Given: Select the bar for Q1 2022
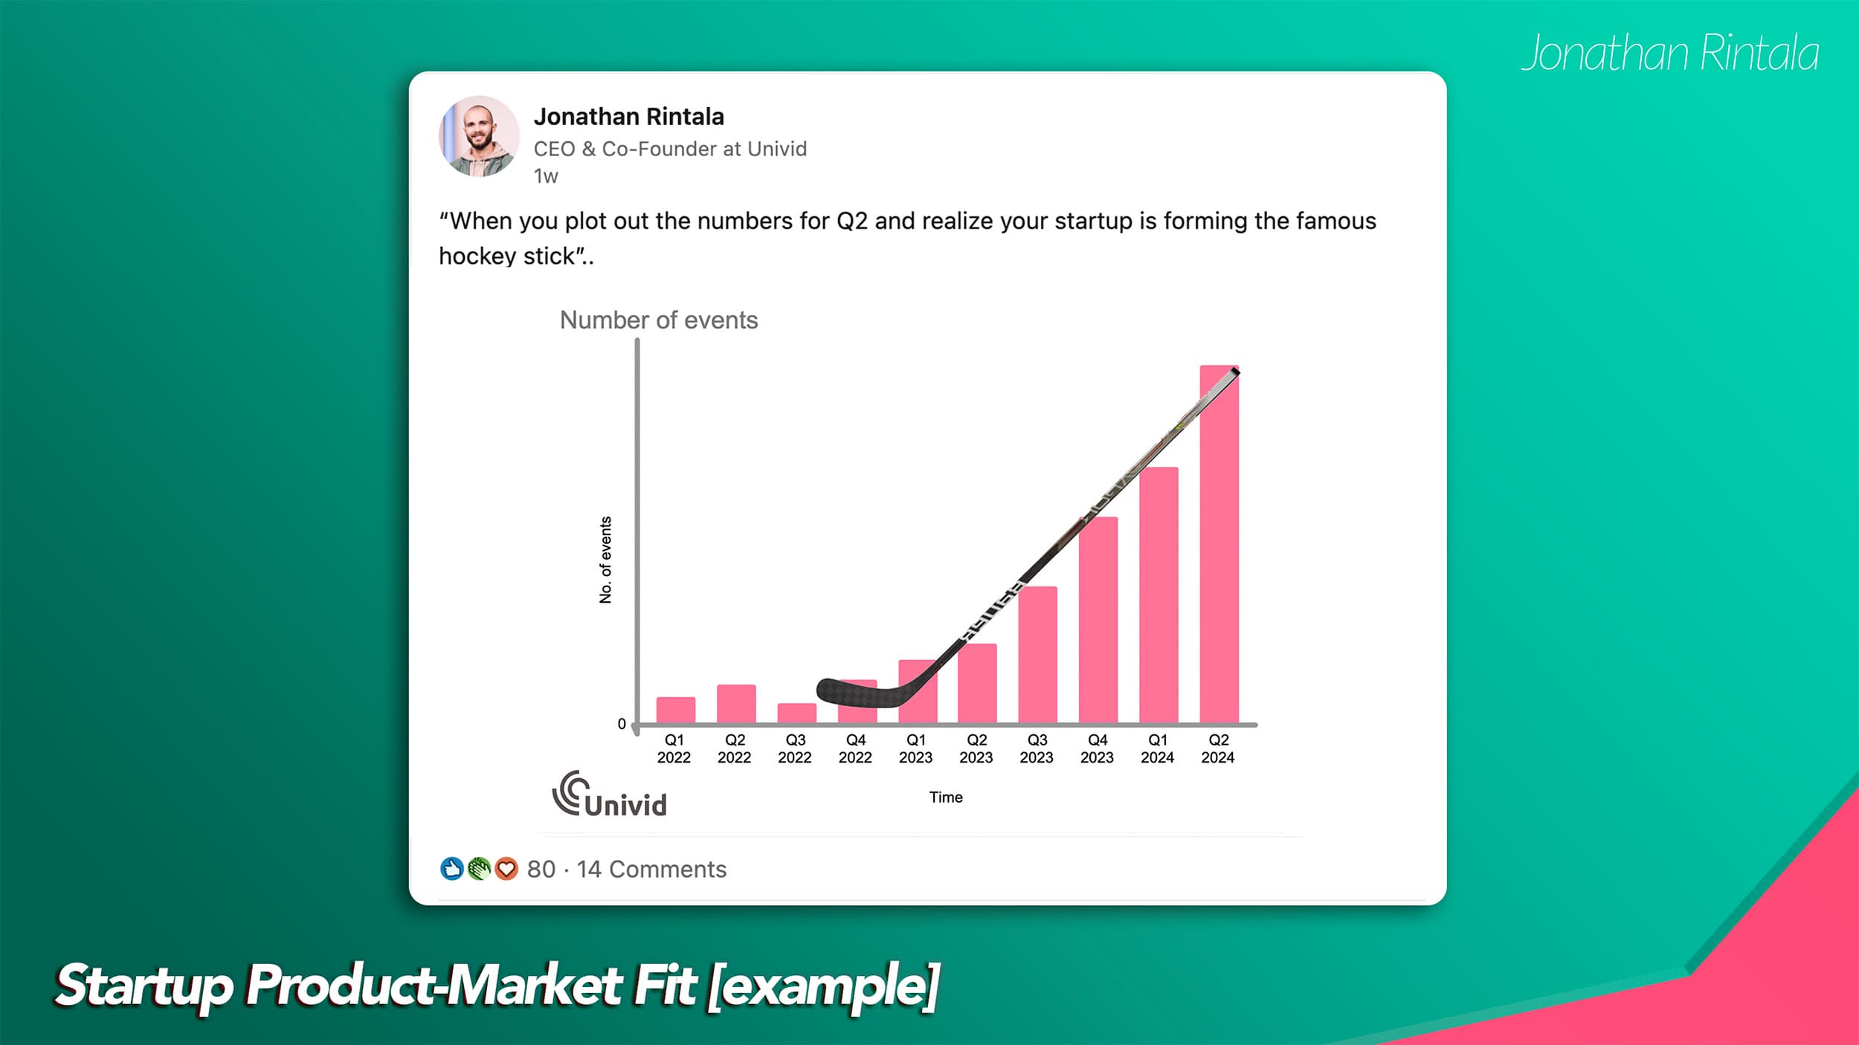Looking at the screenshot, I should [x=675, y=710].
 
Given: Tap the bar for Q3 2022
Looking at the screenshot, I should [x=796, y=714].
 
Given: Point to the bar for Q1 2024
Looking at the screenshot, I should [x=1158, y=595].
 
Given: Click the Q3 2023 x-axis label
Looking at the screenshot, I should [x=1037, y=748].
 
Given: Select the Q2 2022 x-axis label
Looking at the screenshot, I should [x=735, y=748].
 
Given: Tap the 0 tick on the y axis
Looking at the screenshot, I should [x=622, y=724].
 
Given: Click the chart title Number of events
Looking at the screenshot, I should [x=658, y=320].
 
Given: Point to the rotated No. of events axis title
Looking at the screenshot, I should [x=605, y=560].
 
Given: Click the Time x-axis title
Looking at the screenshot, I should [x=945, y=797].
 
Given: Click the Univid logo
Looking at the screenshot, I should [x=609, y=795].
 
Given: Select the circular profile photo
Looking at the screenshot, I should [x=479, y=136].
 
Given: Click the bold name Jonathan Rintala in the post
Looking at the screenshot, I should [x=628, y=117].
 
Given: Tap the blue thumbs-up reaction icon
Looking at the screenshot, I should [x=451, y=868].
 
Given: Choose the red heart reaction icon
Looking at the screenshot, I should [x=506, y=868].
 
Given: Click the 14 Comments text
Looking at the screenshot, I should [x=651, y=869].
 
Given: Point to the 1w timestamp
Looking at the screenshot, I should [x=546, y=177].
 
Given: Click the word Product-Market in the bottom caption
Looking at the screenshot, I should [x=434, y=986].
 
